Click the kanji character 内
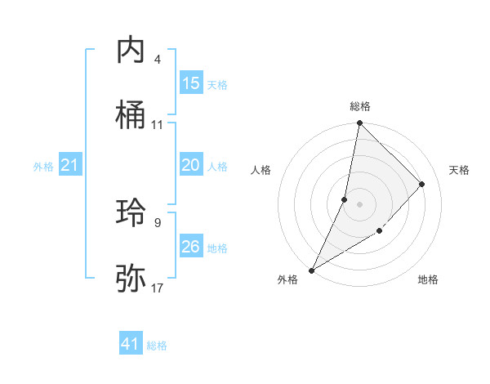pos(131,51)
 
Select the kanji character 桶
pos(131,115)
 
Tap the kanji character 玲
pos(131,214)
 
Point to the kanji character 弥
pos(131,279)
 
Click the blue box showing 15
pos(191,83)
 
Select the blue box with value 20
pos(191,166)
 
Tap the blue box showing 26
pos(191,247)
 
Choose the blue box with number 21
pos(69,166)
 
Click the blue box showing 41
pos(131,344)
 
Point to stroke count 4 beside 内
pos(158,60)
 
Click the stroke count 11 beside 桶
pos(158,125)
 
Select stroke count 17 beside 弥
pos(158,288)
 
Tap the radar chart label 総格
pos(359,106)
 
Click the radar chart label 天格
pos(459,170)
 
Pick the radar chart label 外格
pos(287,280)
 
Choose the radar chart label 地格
pos(428,280)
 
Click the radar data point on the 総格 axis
pos(359,123)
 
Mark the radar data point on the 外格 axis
pos(311,270)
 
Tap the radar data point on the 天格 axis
pos(422,184)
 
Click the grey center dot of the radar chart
pos(359,204)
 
